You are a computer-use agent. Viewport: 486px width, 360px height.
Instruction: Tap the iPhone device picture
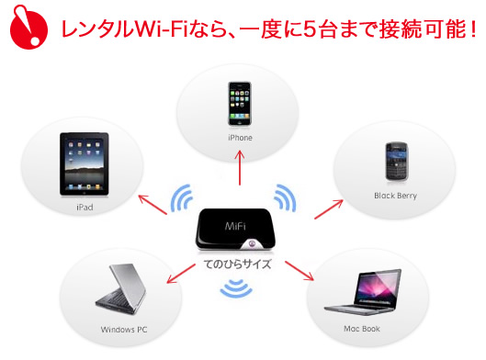point(240,104)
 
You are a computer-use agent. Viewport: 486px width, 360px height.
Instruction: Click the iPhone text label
point(240,138)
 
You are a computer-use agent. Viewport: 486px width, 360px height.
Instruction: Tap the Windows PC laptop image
point(122,289)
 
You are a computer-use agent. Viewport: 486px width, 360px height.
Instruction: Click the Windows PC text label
point(123,328)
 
